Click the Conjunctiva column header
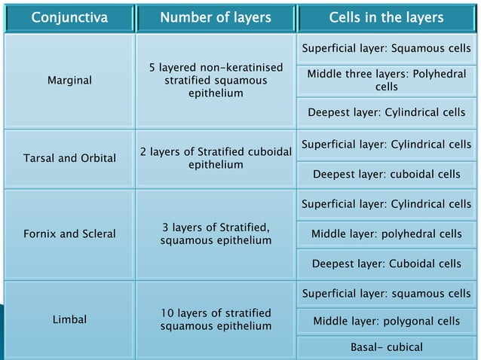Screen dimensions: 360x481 [69, 17]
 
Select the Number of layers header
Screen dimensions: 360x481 [216, 17]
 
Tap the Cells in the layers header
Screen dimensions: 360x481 [387, 17]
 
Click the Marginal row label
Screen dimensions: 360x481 [69, 81]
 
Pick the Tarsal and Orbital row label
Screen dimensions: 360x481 [69, 158]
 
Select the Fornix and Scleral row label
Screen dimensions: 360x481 [69, 233]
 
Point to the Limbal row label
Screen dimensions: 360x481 [69, 320]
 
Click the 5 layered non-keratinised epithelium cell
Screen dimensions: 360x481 [216, 81]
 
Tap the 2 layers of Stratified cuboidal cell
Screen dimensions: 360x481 [216, 158]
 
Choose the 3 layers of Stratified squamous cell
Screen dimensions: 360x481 [216, 233]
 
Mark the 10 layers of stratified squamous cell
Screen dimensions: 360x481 [216, 319]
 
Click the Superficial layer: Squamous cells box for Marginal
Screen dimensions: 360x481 [387, 50]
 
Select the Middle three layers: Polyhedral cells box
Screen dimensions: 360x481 [387, 81]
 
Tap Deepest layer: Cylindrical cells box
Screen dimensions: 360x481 [387, 114]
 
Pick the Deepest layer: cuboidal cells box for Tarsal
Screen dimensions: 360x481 [387, 175]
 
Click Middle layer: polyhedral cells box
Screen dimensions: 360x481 [387, 233]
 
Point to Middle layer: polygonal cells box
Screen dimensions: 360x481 [387, 321]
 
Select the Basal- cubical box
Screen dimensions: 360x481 [387, 347]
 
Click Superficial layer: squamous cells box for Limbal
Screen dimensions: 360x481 [387, 292]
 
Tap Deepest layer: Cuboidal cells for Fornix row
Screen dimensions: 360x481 [387, 264]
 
